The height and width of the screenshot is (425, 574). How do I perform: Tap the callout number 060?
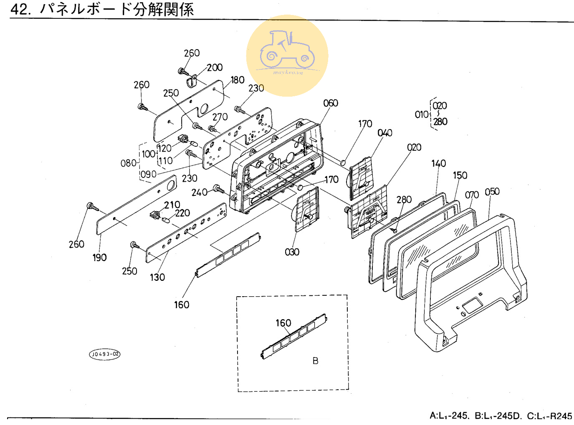point(331,103)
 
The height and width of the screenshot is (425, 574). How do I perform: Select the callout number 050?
point(492,192)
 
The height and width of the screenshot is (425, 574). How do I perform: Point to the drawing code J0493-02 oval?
point(105,354)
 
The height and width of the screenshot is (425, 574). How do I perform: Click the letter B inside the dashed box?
point(316,361)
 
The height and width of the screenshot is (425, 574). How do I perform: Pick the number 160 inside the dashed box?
point(283,323)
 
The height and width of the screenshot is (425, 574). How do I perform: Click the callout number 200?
point(215,67)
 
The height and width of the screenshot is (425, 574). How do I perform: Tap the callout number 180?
point(238,80)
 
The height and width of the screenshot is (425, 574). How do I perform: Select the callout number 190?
point(100,257)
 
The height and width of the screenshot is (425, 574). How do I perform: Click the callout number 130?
point(157,277)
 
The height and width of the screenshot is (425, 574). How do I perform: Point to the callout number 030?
point(292,252)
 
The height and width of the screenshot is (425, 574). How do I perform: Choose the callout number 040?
point(385,133)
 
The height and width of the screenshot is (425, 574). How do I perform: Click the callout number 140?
point(439,163)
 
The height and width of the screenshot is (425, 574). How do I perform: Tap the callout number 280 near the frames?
point(404,200)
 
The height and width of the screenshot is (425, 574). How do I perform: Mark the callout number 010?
point(422,114)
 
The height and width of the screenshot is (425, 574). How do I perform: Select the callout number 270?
point(220,117)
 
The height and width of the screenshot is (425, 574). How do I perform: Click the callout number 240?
point(199,192)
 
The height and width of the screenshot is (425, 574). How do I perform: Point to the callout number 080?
point(128,163)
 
